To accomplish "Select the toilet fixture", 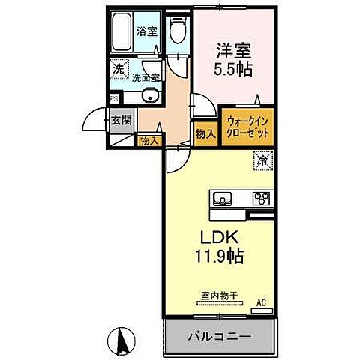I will (177, 31).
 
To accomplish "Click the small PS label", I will (114, 98).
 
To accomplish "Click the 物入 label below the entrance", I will (148, 140).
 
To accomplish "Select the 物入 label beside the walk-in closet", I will (205, 133).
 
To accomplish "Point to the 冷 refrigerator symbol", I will (264, 160).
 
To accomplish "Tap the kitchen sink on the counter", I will (222, 199).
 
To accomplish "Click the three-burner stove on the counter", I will (262, 199).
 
